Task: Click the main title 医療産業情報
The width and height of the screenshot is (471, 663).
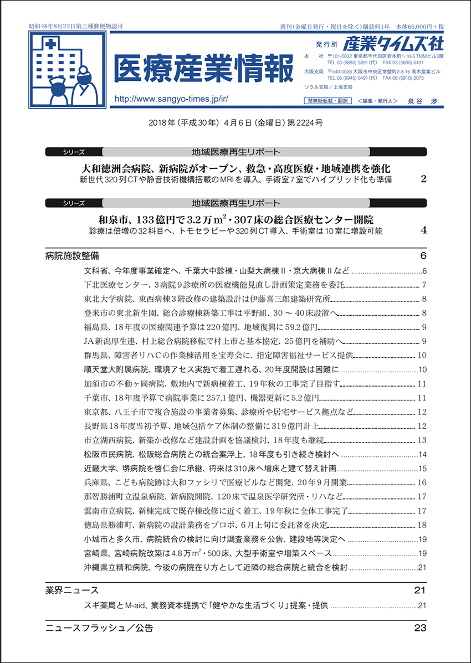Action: coord(204,70)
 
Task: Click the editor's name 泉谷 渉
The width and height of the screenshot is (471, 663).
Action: coord(414,101)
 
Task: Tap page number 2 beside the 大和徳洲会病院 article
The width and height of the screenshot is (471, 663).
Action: coord(423,179)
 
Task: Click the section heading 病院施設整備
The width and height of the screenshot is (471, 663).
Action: coord(73,256)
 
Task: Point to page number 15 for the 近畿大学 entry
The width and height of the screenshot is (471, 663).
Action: coord(422,469)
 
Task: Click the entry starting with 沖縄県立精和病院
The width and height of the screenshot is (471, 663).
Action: coord(216,567)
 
